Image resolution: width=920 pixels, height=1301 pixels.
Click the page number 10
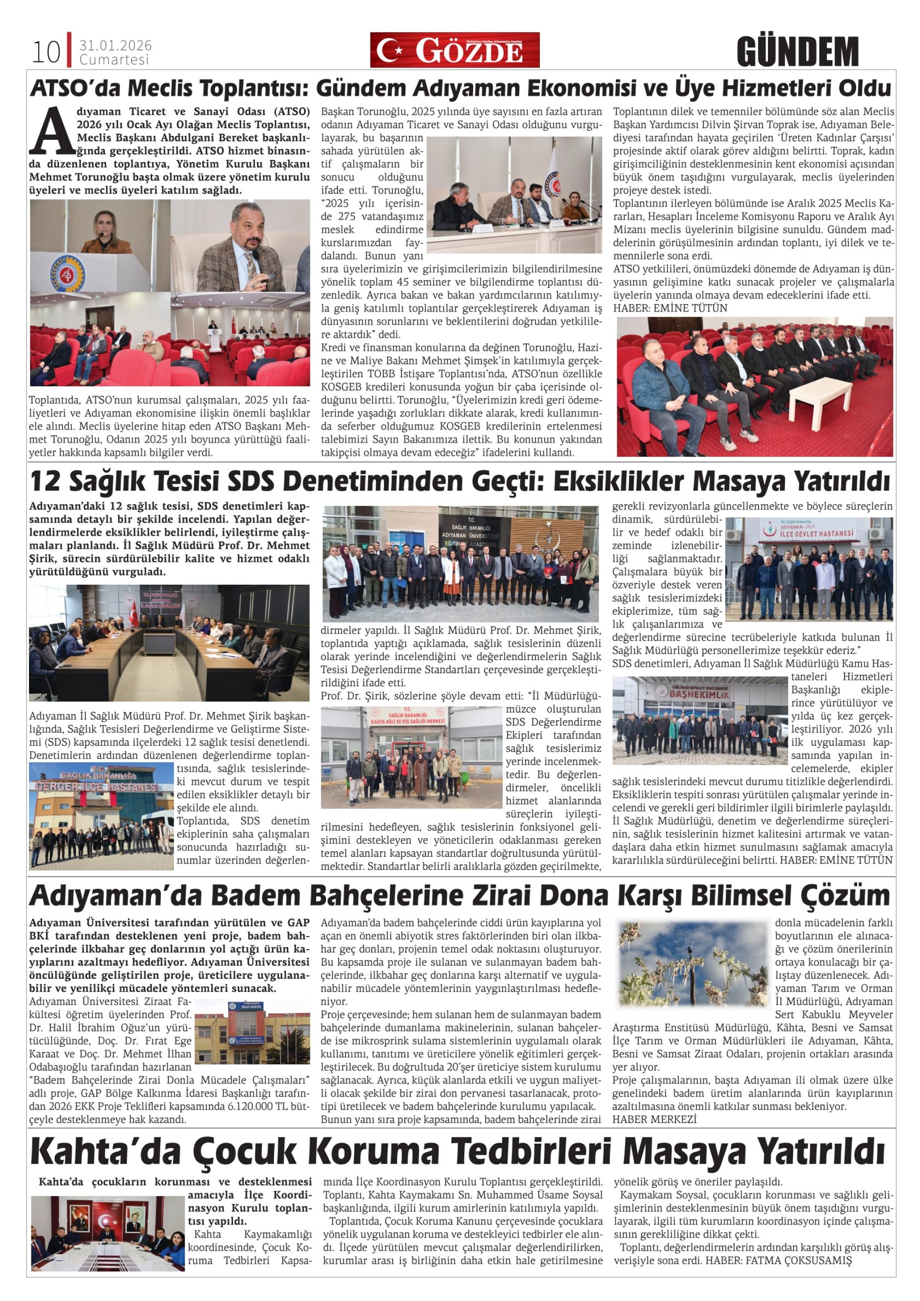[46, 52]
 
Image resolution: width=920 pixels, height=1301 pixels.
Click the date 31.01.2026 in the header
[115, 45]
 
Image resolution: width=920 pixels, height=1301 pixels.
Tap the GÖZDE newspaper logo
[454, 50]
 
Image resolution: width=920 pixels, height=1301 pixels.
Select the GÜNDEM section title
[797, 52]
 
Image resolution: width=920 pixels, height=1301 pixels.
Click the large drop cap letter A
[52, 132]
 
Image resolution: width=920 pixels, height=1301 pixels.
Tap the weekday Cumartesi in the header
[114, 60]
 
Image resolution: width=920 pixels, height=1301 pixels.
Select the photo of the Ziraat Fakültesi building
[252, 1036]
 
